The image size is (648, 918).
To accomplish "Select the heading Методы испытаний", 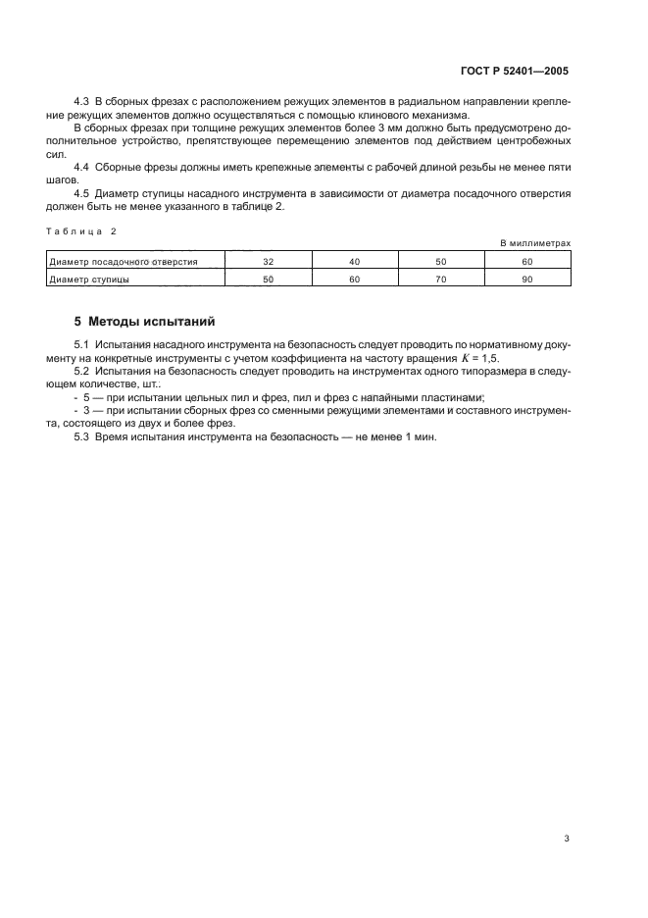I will [138, 321].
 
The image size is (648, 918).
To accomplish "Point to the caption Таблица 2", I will [81, 229].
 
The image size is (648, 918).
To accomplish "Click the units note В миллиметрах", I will [535, 242].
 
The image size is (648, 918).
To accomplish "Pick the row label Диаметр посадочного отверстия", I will [124, 262].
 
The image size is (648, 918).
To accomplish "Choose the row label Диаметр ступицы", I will [90, 280].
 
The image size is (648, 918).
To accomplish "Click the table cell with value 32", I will [269, 262].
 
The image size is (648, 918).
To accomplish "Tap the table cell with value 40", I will [355, 262].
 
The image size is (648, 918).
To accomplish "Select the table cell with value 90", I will [526, 280].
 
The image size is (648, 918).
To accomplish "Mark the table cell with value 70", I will [441, 280].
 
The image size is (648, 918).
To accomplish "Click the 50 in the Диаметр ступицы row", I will [269, 280].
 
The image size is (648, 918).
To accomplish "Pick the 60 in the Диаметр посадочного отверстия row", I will [526, 262].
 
